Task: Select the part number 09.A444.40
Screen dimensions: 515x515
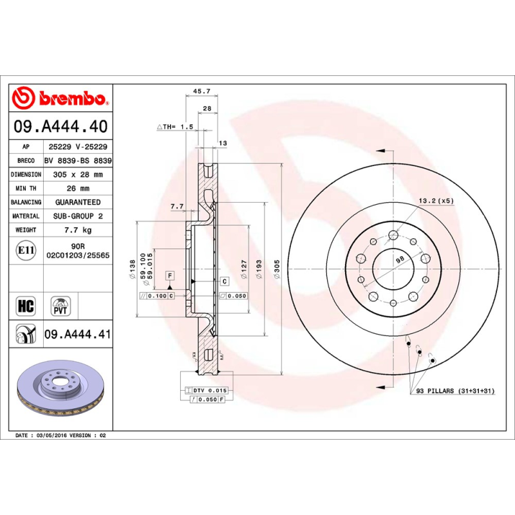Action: pos(61,127)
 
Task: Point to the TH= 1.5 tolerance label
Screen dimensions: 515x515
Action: pos(175,127)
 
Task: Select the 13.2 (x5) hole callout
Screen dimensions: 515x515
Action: pos(436,201)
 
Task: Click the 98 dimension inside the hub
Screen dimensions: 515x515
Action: pos(399,259)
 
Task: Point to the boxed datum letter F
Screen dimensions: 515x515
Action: pos(170,276)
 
